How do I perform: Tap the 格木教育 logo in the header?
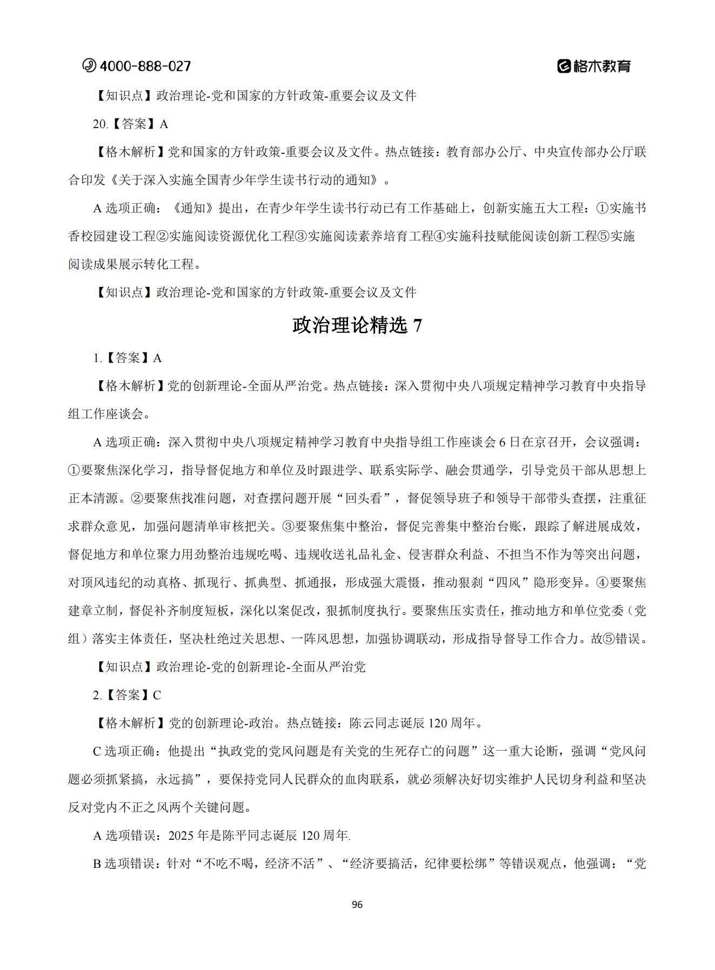pos(594,66)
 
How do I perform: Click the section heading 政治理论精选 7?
pos(357,325)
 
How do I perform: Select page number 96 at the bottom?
pos(357,905)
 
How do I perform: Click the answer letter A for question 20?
pos(164,124)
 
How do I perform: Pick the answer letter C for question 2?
pos(157,695)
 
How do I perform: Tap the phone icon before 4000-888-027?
pos(89,66)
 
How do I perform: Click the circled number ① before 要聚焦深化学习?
pos(74,470)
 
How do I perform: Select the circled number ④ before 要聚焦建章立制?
pos(602,583)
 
